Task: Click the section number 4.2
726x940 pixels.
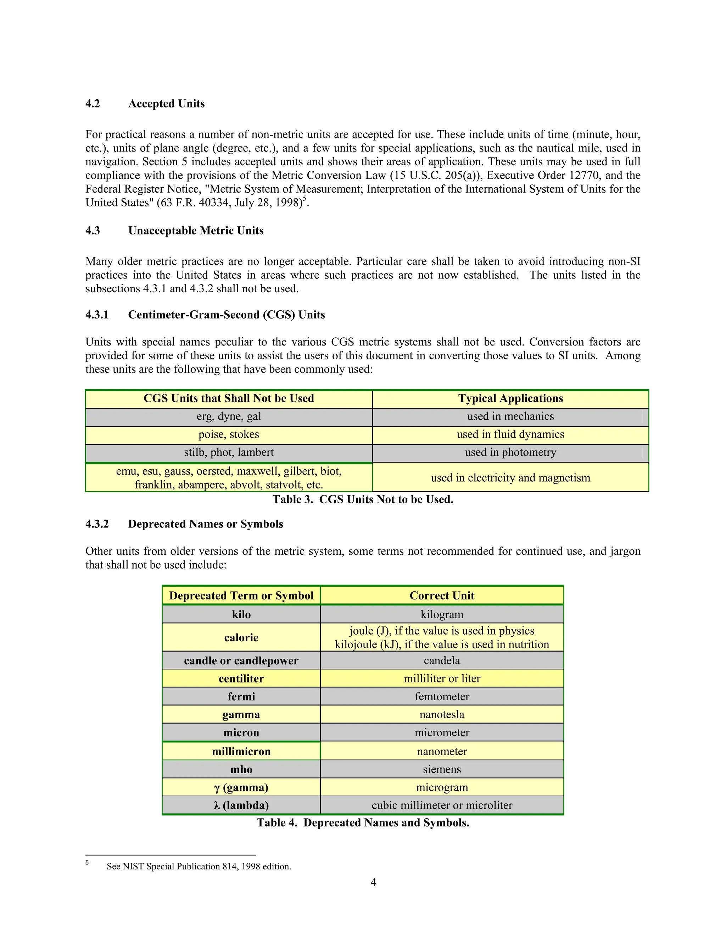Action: coord(93,104)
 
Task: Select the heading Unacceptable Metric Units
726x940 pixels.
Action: coord(196,231)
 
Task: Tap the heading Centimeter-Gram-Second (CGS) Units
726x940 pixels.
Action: coord(226,315)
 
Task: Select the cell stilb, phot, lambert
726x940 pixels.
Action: coord(229,453)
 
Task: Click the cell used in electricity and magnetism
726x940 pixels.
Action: coord(510,478)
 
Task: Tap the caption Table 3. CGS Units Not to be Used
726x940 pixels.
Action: coord(363,500)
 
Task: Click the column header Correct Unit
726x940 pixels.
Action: coord(442,596)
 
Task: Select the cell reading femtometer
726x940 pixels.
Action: coord(442,696)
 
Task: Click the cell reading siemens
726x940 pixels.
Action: coord(442,770)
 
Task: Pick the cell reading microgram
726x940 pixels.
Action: coord(442,787)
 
